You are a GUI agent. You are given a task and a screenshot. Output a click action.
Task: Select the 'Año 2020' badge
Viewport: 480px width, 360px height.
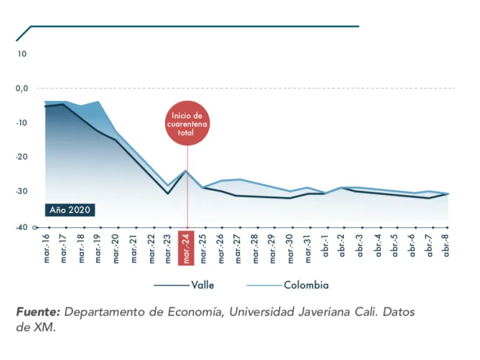69,210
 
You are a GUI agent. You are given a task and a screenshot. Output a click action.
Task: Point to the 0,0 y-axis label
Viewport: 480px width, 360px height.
22,88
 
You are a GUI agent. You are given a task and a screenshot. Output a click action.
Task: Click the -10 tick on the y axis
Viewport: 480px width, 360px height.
22,123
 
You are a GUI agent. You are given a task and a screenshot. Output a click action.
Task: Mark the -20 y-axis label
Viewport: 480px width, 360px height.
22,157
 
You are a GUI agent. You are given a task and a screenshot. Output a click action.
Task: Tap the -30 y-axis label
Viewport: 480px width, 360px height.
22,191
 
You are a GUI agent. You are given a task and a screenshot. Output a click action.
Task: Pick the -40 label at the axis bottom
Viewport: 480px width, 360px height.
22,227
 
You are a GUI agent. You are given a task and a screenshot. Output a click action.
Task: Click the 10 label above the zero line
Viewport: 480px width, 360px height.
22,54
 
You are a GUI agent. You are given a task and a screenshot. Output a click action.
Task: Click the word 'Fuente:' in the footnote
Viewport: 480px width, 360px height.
38,313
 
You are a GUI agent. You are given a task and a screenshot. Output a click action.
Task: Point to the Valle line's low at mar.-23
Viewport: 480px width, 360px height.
168,193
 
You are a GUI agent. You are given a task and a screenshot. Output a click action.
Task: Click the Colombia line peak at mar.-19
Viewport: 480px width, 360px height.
98,102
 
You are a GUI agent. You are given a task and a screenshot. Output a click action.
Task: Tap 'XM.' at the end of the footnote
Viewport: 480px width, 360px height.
44,328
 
